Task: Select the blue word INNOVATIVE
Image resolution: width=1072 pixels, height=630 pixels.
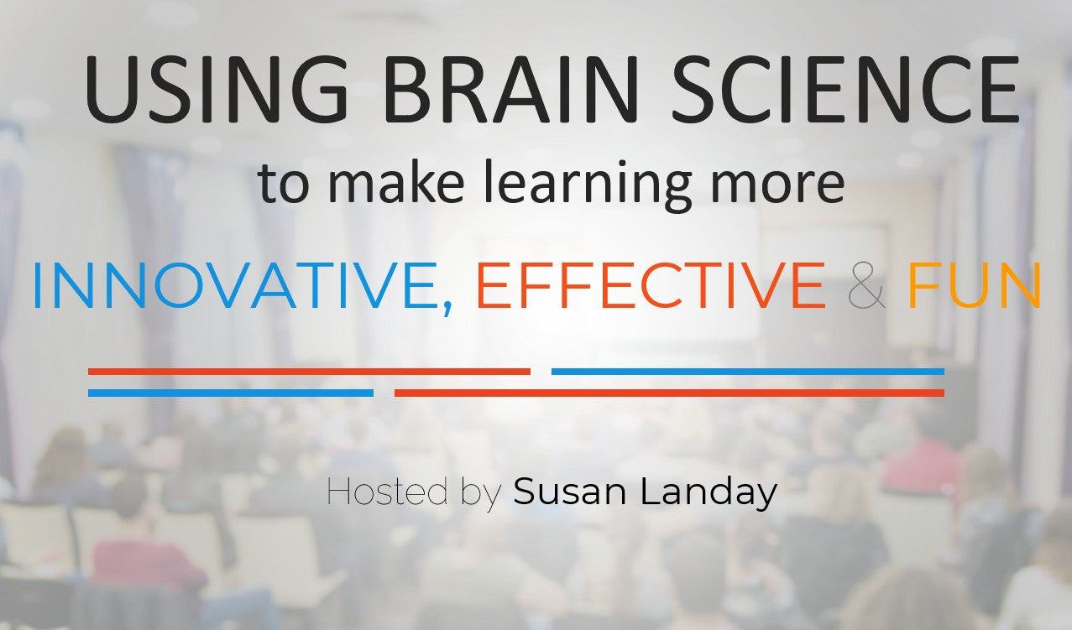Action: [x=231, y=286]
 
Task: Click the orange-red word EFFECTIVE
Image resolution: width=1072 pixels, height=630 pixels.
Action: [x=650, y=286]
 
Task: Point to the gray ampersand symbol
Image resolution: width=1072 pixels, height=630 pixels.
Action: [x=866, y=286]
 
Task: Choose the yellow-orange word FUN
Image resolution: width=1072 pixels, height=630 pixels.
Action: [x=974, y=286]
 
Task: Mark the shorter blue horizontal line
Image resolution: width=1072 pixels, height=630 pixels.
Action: [x=231, y=393]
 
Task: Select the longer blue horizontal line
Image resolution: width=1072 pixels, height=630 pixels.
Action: [x=747, y=372]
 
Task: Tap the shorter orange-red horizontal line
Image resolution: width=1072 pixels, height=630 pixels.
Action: [x=309, y=372]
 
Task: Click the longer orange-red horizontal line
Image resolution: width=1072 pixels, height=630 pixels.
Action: [x=669, y=393]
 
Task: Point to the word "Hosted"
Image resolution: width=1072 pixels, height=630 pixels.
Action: [x=387, y=492]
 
